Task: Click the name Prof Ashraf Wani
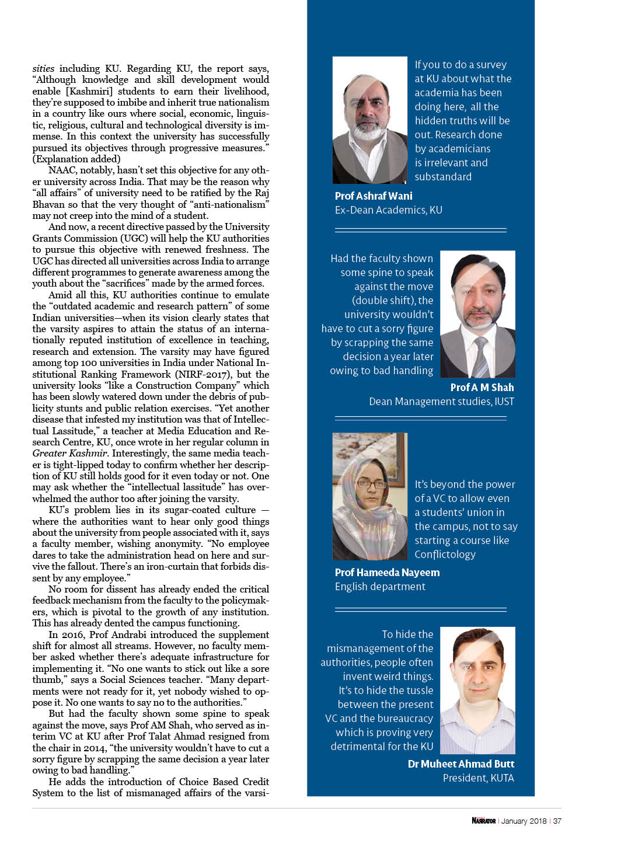click(x=374, y=196)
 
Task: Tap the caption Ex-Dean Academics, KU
click(x=388, y=210)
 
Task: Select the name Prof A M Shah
click(x=482, y=388)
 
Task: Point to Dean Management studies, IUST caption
click(x=441, y=402)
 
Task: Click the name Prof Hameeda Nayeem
click(x=387, y=573)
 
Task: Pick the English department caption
click(x=380, y=587)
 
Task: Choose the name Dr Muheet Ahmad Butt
click(x=461, y=764)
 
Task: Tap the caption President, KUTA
click(x=478, y=778)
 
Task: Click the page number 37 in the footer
click(x=557, y=821)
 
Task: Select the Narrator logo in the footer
click(x=483, y=821)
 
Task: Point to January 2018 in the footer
click(x=524, y=821)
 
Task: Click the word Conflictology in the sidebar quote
click(x=445, y=555)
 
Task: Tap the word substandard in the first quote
click(x=443, y=177)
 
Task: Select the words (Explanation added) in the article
click(x=76, y=159)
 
